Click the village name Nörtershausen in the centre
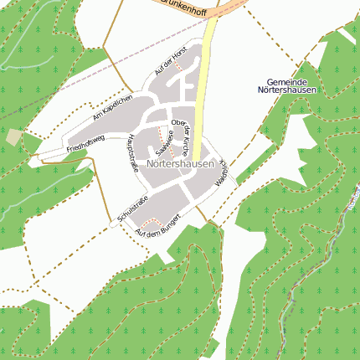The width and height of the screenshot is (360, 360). pos(179,165)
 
